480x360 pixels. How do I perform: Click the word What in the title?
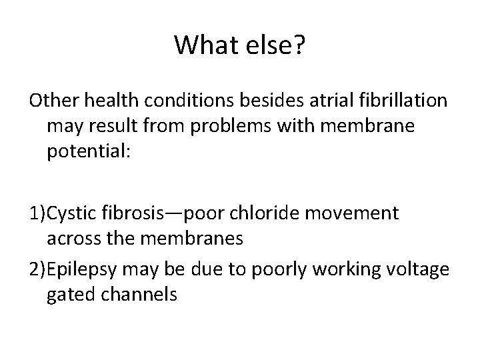[205, 45]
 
